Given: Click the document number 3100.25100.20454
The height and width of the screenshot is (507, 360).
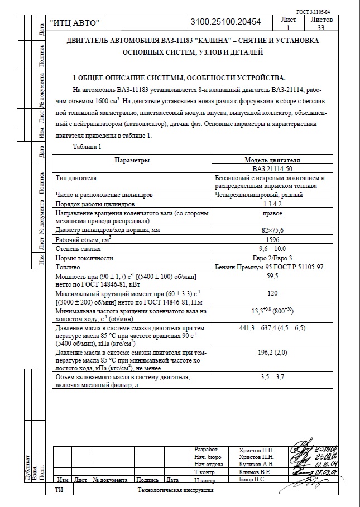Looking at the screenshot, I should pyautogui.click(x=225, y=22).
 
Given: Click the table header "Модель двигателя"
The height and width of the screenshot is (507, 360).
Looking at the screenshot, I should pyautogui.click(x=272, y=160).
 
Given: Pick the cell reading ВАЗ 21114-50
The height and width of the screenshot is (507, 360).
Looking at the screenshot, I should pyautogui.click(x=272, y=168).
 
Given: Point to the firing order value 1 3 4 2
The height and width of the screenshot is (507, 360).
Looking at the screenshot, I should pyautogui.click(x=272, y=204).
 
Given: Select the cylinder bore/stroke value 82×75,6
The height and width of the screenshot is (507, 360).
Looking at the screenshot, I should pyautogui.click(x=272, y=230).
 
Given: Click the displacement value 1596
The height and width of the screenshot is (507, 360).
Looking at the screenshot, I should pyautogui.click(x=272, y=239).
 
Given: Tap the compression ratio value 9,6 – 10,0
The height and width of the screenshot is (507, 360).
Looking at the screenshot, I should pyautogui.click(x=272, y=249).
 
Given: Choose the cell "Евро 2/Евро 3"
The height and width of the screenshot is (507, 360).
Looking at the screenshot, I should pyautogui.click(x=272, y=258).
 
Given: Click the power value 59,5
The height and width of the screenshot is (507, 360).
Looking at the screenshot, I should pyautogui.click(x=272, y=276).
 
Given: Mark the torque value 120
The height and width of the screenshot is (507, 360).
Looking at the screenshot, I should pyautogui.click(x=272, y=293).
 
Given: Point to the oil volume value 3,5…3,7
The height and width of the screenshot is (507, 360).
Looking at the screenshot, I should pyautogui.click(x=272, y=378).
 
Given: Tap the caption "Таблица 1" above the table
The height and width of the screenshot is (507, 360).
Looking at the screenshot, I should pyautogui.click(x=87, y=147).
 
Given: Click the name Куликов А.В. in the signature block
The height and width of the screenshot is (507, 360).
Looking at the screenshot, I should pyautogui.click(x=256, y=464).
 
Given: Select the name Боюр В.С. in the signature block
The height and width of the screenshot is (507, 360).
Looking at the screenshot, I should pyautogui.click(x=252, y=479).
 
